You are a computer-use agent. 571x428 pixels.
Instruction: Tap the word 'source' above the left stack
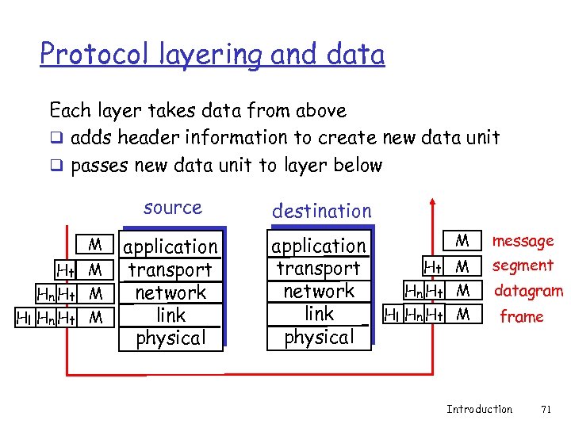173,208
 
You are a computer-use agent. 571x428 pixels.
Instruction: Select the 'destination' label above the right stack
321,211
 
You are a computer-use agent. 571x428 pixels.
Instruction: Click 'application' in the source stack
170,247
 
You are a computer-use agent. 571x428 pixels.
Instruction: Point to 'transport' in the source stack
170,270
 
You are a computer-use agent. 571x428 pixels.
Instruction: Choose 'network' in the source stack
170,292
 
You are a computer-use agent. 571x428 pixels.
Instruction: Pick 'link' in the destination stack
320,314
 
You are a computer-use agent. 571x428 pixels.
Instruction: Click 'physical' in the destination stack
319,337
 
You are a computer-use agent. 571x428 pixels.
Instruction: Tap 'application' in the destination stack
319,246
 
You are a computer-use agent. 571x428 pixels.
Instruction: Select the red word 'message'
523,241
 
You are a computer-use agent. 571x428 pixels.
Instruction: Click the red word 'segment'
523,266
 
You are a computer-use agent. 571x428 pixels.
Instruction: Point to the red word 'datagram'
528,291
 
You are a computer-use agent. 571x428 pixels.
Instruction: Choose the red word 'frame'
521,317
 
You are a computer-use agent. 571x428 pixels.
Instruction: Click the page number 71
545,410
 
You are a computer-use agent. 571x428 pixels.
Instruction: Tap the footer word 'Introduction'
479,410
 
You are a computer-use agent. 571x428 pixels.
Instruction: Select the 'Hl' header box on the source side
25,318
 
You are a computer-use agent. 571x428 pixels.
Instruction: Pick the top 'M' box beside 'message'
463,240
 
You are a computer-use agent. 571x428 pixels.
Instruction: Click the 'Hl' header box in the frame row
392,315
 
